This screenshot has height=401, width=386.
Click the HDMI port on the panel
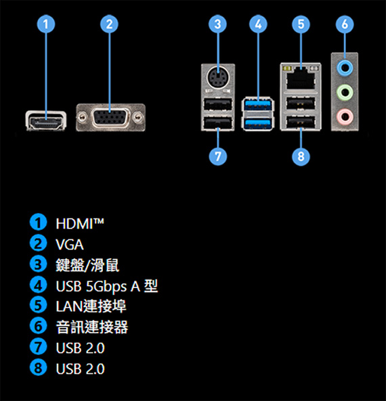(46, 121)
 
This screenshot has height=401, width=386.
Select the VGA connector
(110, 118)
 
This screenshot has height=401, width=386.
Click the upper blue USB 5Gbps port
(258, 105)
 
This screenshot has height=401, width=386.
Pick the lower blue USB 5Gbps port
(258, 124)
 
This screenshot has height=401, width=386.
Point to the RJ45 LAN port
(301, 78)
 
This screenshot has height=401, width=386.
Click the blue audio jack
(345, 67)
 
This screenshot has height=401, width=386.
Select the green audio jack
(345, 92)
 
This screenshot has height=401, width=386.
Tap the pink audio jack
(345, 116)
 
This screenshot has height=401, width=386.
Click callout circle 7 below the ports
(217, 156)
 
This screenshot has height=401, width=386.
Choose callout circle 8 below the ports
(301, 156)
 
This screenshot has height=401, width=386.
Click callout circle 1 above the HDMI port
(46, 24)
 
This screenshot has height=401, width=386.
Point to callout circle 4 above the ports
(258, 24)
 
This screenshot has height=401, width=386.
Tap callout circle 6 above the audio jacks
(345, 24)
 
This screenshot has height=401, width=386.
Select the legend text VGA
(70, 245)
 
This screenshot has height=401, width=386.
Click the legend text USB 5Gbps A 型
(106, 286)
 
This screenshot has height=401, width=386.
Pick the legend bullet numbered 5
(38, 306)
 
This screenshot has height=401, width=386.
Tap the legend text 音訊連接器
(91, 327)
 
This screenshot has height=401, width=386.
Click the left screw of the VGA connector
(82, 118)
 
